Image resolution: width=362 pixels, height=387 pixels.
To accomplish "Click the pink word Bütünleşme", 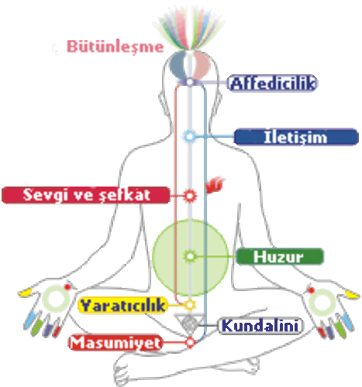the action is (x=115, y=46).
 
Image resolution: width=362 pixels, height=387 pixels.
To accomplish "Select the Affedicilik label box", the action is (x=272, y=83).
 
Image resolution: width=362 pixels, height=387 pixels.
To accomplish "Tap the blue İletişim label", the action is (x=296, y=137).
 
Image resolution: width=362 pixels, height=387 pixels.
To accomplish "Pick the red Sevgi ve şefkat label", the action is (x=85, y=195).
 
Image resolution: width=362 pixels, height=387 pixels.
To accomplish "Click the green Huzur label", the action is (x=279, y=256).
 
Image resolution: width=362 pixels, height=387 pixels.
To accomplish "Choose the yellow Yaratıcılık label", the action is (x=122, y=305).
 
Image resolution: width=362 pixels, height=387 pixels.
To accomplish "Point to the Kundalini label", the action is (x=260, y=326).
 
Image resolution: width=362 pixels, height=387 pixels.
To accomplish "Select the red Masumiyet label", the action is (x=115, y=342).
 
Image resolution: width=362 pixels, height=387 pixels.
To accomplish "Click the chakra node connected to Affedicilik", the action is (x=190, y=82).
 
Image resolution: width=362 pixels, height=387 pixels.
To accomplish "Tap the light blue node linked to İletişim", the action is (x=190, y=136).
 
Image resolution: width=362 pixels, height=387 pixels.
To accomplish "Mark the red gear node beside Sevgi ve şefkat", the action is (x=190, y=195).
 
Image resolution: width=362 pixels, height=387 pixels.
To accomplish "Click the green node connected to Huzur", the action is (x=190, y=256).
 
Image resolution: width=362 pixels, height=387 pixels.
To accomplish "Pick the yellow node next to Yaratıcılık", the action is (x=190, y=305).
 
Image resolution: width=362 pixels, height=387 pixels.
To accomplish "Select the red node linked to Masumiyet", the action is (x=190, y=342).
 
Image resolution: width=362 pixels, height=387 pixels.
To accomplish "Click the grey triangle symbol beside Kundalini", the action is (x=189, y=323).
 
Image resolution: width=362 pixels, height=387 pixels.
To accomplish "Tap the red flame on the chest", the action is (x=215, y=184).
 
